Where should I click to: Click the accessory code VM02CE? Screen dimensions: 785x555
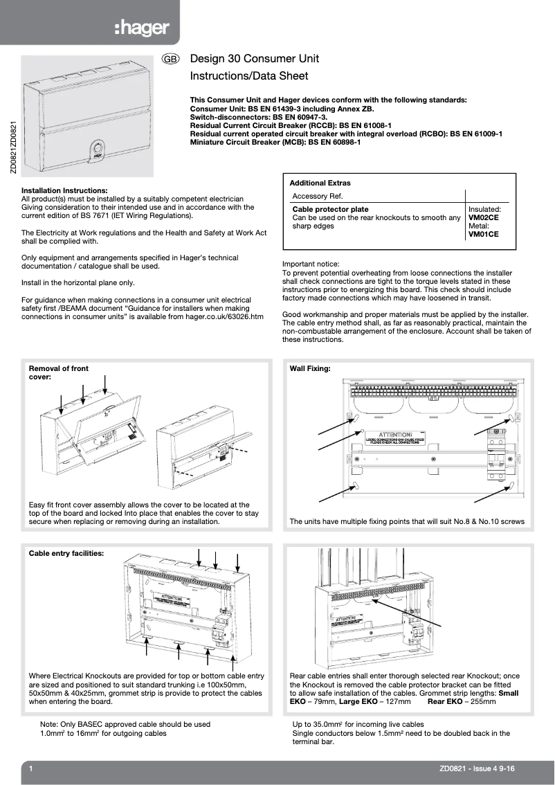tap(484, 217)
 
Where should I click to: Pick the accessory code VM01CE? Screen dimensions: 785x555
tap(484, 235)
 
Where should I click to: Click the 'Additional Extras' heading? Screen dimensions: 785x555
tap(320, 183)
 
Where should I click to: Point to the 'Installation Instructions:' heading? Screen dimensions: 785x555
tap(64, 190)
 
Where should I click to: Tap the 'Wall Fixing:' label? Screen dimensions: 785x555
tap(309, 369)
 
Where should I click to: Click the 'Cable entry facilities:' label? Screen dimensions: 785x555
tap(66, 554)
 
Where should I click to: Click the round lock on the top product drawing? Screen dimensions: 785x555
tap(95, 147)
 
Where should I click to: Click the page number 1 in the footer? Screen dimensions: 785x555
tap(31, 768)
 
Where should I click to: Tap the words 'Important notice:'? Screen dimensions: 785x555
tap(311, 264)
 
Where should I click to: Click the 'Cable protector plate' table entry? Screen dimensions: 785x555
tap(330, 209)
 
